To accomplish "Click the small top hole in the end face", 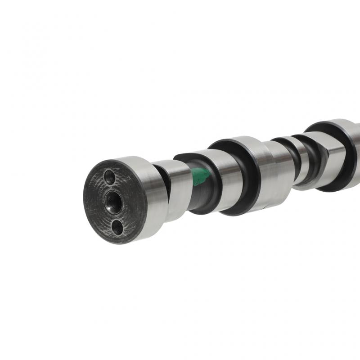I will click(109, 177).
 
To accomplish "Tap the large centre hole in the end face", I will click(113, 202).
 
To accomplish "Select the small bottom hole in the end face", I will click(117, 227).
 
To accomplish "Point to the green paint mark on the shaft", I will click(199, 176).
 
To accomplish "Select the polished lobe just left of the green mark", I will click(178, 189).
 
